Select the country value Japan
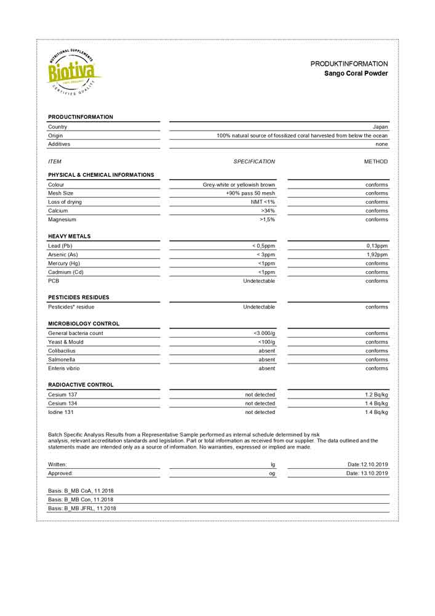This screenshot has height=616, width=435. (380, 127)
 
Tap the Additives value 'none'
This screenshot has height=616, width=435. (381, 144)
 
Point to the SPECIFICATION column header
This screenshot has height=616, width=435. (254, 161)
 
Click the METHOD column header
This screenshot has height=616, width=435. (376, 161)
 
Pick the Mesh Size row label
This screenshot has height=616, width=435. (61, 193)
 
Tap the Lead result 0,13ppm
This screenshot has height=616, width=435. (377, 246)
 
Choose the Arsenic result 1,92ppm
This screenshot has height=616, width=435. (377, 254)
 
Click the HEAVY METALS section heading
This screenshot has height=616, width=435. (69, 236)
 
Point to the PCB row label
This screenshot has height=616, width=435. (54, 281)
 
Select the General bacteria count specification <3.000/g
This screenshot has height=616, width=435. (264, 333)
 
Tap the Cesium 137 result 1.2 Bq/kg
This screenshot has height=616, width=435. (377, 395)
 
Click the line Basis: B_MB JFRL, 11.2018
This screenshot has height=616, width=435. (82, 508)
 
